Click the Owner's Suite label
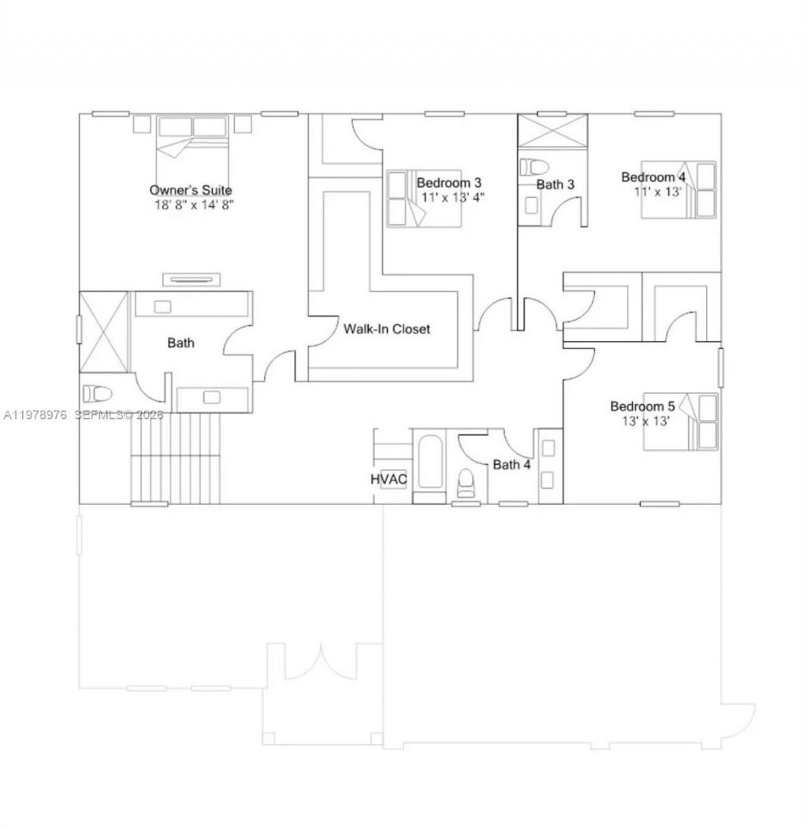[x=191, y=190]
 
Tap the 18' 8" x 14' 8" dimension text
[x=194, y=204]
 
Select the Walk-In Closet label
[x=387, y=329]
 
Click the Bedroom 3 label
[x=448, y=182]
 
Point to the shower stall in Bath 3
[x=556, y=131]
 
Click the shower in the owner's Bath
[x=104, y=331]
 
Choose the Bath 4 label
[x=511, y=465]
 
